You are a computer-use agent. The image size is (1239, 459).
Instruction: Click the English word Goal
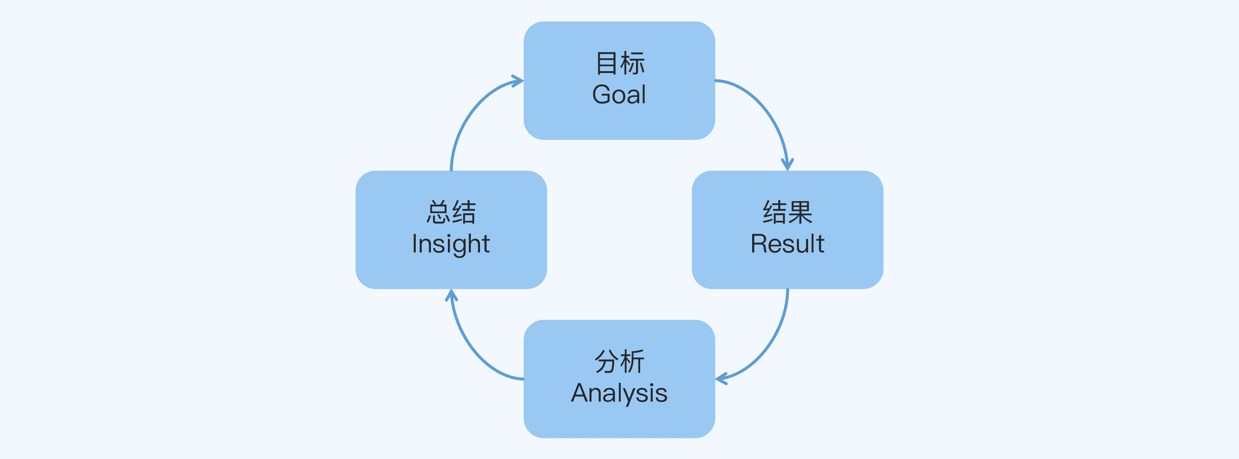pos(619,94)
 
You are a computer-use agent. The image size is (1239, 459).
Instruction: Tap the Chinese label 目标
pos(620,63)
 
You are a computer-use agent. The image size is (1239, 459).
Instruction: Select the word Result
pos(787,243)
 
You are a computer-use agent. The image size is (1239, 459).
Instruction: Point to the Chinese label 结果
pos(787,213)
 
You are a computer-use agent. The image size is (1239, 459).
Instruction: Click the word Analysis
pos(619,393)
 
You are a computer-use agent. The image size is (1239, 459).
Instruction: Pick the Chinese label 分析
pos(619,362)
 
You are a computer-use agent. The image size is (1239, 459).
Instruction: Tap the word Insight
pos(451,244)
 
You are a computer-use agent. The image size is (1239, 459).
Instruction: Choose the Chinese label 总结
pos(451,213)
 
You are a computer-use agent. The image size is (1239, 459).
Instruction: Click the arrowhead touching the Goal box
pos(518,81)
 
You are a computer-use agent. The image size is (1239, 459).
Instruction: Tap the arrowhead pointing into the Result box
pos(787,164)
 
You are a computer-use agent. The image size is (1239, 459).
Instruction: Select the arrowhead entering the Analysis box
pos(721,378)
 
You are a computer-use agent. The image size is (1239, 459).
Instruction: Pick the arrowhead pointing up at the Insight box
pos(451,295)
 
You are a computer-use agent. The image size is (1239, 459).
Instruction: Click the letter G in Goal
pos(601,94)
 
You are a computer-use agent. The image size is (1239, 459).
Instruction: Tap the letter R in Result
pos(759,243)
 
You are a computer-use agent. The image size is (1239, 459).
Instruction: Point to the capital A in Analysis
pos(580,393)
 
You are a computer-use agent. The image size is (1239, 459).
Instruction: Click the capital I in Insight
pos(414,243)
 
